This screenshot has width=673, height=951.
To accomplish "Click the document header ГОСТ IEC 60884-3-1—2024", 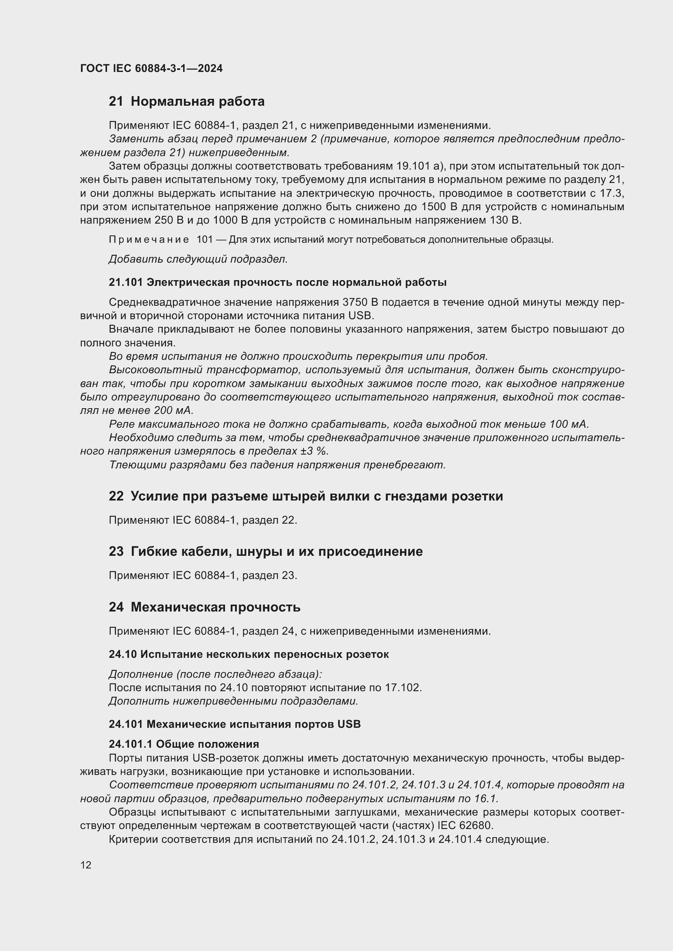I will [x=151, y=68].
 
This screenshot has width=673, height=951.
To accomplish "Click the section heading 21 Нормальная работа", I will [x=186, y=102].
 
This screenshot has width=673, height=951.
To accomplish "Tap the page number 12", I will [x=86, y=865].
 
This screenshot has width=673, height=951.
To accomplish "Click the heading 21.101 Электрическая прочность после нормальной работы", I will [x=278, y=283].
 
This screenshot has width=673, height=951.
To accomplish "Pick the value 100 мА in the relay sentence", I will [x=568, y=424].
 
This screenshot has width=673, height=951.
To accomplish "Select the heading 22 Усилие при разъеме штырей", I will [x=306, y=496].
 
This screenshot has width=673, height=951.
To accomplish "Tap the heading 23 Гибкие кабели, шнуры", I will [x=265, y=552].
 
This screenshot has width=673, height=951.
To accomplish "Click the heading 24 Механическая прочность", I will [x=204, y=607].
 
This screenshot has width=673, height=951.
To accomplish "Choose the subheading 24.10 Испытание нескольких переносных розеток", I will [x=249, y=655].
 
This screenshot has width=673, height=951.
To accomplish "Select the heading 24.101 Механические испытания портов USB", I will [x=234, y=724].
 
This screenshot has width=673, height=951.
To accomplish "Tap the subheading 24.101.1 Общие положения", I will [x=184, y=744].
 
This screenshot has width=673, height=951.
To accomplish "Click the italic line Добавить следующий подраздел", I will [x=198, y=259].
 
